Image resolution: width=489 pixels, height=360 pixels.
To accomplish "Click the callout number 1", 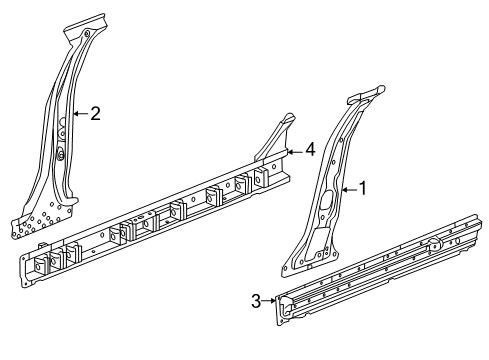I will pyautogui.click(x=363, y=187).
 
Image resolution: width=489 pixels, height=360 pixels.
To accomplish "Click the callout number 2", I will pyautogui.click(x=95, y=114).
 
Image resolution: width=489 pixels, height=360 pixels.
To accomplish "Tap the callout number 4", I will pyautogui.click(x=310, y=149).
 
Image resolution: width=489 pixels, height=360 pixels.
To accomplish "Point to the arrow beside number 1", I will pyautogui.click(x=347, y=187).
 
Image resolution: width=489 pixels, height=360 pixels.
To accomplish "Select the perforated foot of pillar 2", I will pyautogui.click(x=40, y=220).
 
